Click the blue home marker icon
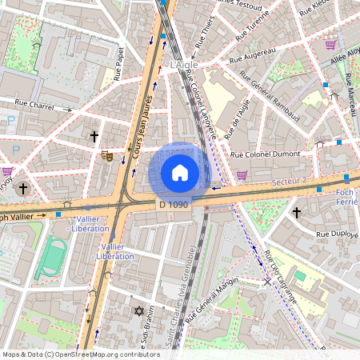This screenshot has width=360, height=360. pyautogui.click(x=180, y=173)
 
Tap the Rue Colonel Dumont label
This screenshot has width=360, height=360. pyautogui.click(x=265, y=154)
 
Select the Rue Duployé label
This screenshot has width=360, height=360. pyautogui.click(x=338, y=234)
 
